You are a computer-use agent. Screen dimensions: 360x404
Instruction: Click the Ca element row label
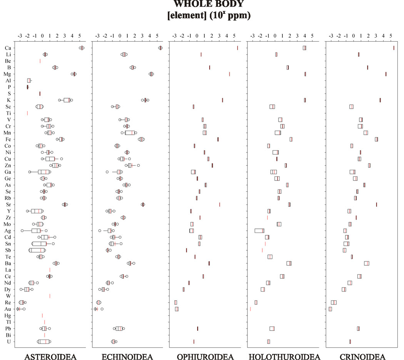pos(8,48)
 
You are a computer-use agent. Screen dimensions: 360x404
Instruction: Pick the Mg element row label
pos(7,74)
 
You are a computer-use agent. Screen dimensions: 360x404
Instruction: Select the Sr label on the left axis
pos(8,204)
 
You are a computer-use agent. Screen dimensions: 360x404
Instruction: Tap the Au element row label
pos(8,309)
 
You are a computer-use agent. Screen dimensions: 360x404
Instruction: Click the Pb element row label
pos(8,328)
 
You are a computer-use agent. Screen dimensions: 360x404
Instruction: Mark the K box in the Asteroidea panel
pos(67,100)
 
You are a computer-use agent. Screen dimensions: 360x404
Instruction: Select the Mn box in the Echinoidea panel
pos(130,133)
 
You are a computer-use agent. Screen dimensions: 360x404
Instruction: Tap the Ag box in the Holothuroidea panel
pos(259,231)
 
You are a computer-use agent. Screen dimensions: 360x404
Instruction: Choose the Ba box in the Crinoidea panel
pos(367,263)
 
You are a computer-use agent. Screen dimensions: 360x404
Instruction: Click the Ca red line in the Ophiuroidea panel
pos(237,48)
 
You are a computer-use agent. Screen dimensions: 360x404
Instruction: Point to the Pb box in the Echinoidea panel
pos(119,328)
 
